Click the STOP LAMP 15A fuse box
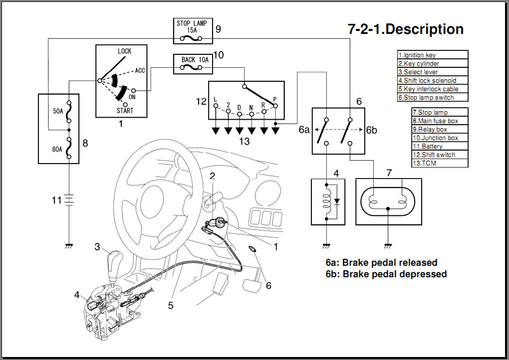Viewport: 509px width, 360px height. click(192, 31)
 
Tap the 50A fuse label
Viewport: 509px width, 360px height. click(58, 111)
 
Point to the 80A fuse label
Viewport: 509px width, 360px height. click(58, 149)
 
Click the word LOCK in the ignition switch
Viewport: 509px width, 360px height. click(124, 51)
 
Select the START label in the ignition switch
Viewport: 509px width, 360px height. click(125, 111)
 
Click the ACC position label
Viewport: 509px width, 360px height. click(140, 71)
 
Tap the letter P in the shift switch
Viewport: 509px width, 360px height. click(275, 99)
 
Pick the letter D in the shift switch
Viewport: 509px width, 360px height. click(240, 107)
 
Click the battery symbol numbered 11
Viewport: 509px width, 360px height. click(69, 200)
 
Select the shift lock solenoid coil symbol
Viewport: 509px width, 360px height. click(327, 201)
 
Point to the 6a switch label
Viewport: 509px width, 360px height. click(304, 130)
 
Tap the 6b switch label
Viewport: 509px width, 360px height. click(371, 130)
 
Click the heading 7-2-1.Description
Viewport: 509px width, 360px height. click(405, 29)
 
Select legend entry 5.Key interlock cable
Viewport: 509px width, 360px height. click(432, 89)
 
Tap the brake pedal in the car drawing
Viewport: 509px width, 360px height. click(252, 285)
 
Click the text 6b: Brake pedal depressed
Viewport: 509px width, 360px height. click(386, 274)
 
